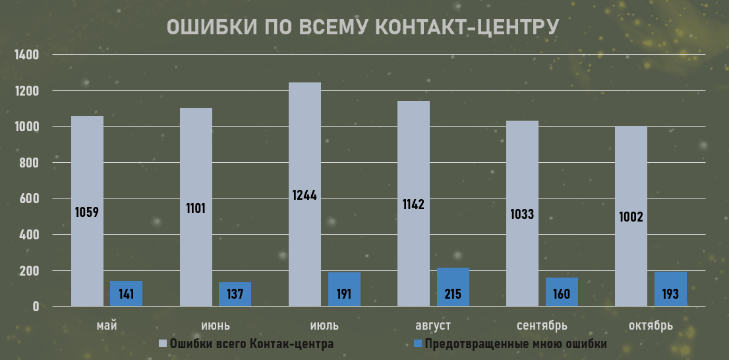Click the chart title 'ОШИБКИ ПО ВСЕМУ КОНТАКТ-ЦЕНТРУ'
point(363,27)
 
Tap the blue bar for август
point(453,287)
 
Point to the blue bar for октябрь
point(670,289)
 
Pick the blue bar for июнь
point(235,294)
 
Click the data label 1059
point(87,212)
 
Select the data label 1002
point(631,216)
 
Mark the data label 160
point(562,293)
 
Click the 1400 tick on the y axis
point(28,55)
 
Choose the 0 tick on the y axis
point(36,307)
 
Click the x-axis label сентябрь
point(542,326)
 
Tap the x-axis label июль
point(324,326)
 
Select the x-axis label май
point(106,326)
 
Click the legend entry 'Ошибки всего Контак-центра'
point(251,344)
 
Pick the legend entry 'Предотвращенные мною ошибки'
point(515,344)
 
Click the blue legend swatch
point(417,344)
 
